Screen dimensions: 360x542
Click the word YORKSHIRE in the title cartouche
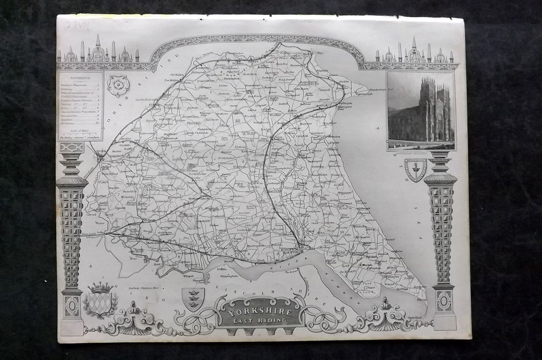click(261, 312)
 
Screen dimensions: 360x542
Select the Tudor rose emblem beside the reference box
click(118, 85)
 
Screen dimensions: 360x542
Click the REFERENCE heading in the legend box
click(79, 78)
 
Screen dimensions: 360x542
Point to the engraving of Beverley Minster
click(421, 110)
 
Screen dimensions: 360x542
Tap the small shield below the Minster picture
click(415, 169)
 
